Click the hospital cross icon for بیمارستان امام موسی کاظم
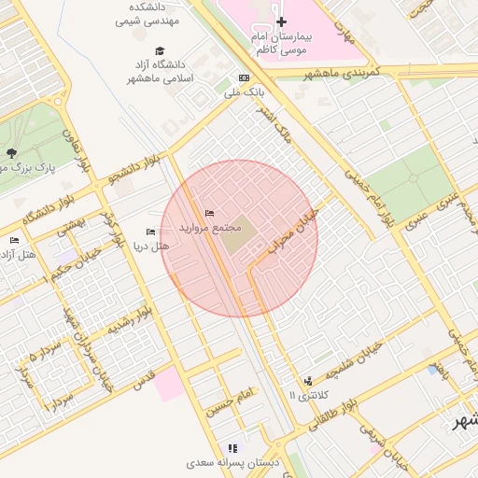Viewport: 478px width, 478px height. tap(281, 21)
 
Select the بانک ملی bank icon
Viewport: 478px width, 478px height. tap(244, 78)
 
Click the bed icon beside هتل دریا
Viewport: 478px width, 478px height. tap(151, 232)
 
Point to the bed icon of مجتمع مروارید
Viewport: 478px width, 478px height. tap(209, 214)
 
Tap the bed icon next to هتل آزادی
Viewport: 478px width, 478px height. tap(13, 241)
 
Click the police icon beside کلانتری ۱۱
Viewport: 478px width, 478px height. tap(308, 381)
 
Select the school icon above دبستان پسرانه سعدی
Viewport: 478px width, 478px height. tap(232, 448)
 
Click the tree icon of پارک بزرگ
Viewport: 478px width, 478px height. tap(11, 153)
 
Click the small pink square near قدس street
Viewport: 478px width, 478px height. tap(170, 384)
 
